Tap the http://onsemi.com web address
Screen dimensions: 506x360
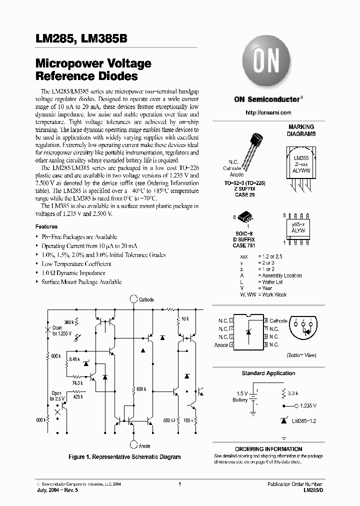pyautogui.click(x=268, y=113)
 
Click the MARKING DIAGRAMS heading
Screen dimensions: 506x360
pyautogui.click(x=301, y=130)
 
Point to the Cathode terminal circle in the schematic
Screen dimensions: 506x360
pyautogui.click(x=133, y=299)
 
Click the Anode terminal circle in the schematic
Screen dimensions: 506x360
pyautogui.click(x=133, y=444)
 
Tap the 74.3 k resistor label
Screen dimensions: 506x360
pyautogui.click(x=76, y=382)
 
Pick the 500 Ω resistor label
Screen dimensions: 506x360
pyautogui.click(x=169, y=420)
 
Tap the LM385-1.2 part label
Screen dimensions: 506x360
pyautogui.click(x=306, y=421)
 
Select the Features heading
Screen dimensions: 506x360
pyautogui.click(x=46, y=226)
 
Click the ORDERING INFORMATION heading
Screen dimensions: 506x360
pyautogui.click(x=268, y=449)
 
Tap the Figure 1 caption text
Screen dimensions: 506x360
pyautogui.click(x=124, y=457)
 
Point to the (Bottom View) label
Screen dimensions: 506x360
pyautogui.click(x=301, y=355)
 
